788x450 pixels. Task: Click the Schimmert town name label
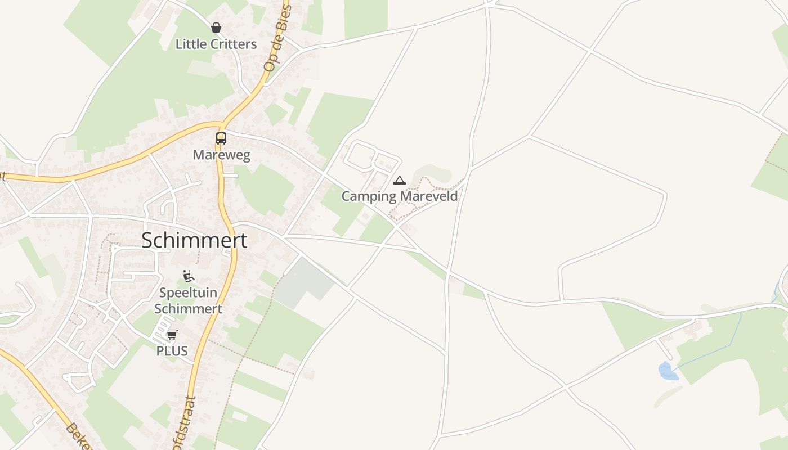194,240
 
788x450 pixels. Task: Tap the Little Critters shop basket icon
216,27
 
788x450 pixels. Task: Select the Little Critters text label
216,44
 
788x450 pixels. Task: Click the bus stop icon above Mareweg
221,138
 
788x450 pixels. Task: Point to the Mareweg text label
221,154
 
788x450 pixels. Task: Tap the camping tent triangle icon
400,180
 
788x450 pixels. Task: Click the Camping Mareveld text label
400,196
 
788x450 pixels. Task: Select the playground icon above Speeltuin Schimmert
189,276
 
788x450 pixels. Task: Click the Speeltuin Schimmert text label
188,300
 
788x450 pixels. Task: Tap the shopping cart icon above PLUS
172,335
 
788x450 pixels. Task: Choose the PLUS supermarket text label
172,351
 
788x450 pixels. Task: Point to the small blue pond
668,371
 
